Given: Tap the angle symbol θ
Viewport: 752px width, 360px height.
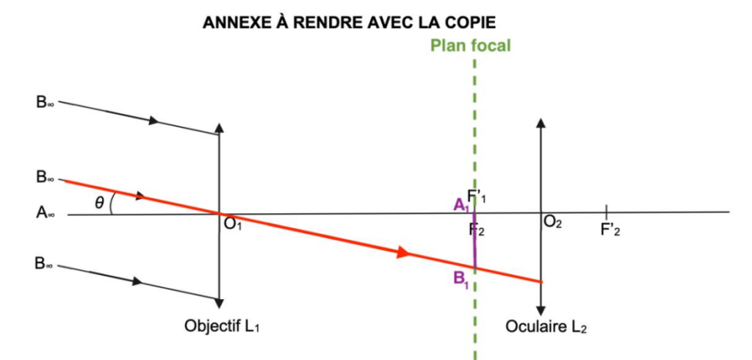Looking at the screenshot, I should [x=99, y=203].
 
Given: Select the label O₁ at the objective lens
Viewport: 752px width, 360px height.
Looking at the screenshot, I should [x=233, y=224].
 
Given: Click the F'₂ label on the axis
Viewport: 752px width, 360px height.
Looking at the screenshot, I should [x=612, y=228].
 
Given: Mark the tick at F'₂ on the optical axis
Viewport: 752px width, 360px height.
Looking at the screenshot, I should [x=605, y=212].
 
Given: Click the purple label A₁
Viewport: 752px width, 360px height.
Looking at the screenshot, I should [x=461, y=206].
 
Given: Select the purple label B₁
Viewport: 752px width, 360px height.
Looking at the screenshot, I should [x=461, y=278].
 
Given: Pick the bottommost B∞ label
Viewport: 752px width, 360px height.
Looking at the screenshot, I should [x=46, y=263].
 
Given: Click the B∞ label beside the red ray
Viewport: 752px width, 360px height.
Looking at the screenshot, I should [x=46, y=178].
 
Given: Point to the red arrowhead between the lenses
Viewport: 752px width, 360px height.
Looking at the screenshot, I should [x=402, y=253].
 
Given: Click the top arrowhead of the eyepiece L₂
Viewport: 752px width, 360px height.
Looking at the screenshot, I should [x=541, y=123].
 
